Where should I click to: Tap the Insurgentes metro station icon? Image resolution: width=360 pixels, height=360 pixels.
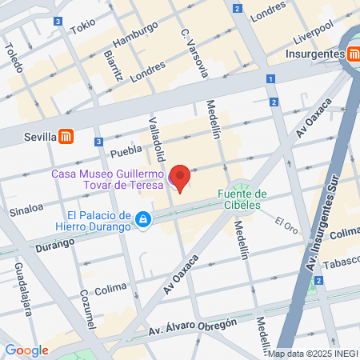point(353,54)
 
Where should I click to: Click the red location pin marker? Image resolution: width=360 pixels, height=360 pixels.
point(181,178)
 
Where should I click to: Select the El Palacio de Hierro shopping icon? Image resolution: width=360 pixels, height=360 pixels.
point(142,218)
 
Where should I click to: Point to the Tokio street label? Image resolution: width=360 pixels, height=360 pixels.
point(82,26)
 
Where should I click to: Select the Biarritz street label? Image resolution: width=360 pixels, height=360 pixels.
point(112,65)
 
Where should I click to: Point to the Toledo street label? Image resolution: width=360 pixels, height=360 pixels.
point(12,54)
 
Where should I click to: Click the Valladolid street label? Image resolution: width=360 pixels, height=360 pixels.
point(157,138)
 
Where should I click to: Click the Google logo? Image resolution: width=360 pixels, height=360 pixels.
point(26,350)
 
